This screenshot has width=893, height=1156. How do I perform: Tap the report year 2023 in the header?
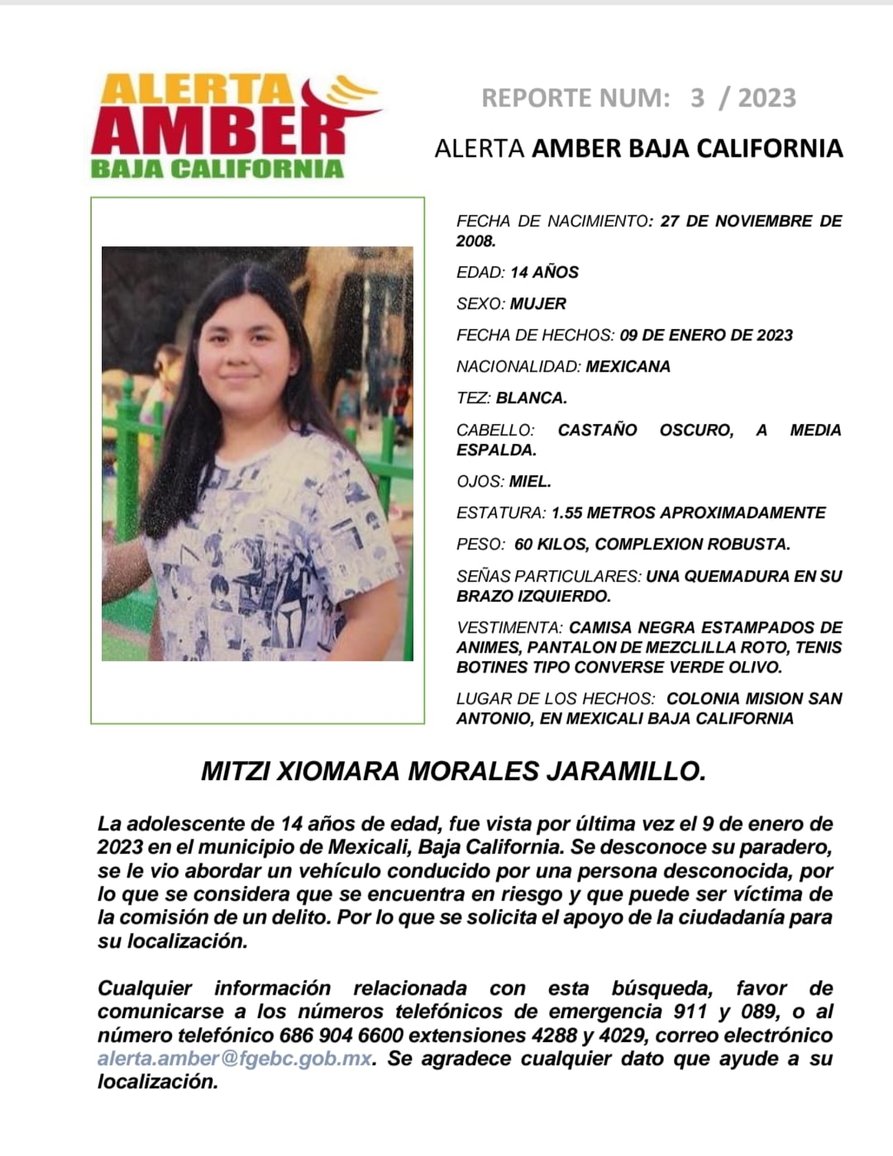click(766, 98)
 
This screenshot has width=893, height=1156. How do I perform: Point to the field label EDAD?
click(480, 273)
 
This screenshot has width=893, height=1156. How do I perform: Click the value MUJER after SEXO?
click(537, 304)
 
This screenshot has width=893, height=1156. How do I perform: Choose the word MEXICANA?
click(628, 367)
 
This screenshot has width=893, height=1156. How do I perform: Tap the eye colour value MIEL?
click(529, 482)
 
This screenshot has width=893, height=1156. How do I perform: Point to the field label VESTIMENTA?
click(509, 628)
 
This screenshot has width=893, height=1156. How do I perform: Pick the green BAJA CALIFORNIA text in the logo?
click(217, 169)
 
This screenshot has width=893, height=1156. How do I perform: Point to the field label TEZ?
click(473, 398)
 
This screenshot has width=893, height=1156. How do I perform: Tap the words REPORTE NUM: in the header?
click(575, 98)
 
